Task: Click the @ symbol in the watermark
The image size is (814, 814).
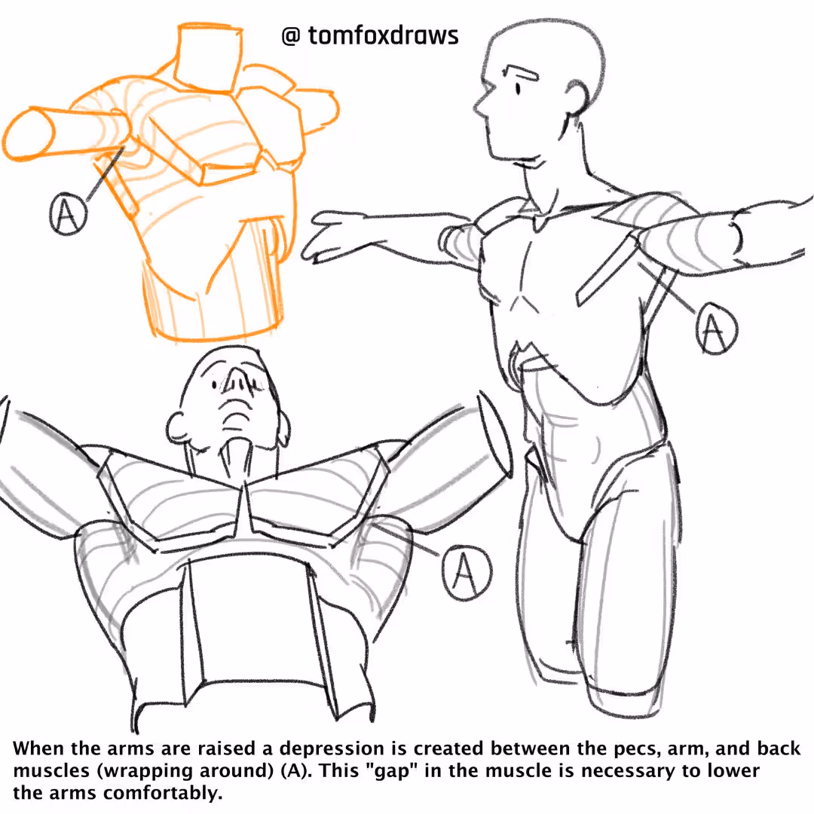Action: (x=291, y=36)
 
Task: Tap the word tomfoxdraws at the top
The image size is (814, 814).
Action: (x=383, y=35)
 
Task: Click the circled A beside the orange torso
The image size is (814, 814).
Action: (x=68, y=213)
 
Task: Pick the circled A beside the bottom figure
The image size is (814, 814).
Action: (x=467, y=572)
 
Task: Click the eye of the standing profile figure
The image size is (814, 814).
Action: (x=518, y=89)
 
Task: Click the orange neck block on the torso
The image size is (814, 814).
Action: (x=208, y=58)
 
